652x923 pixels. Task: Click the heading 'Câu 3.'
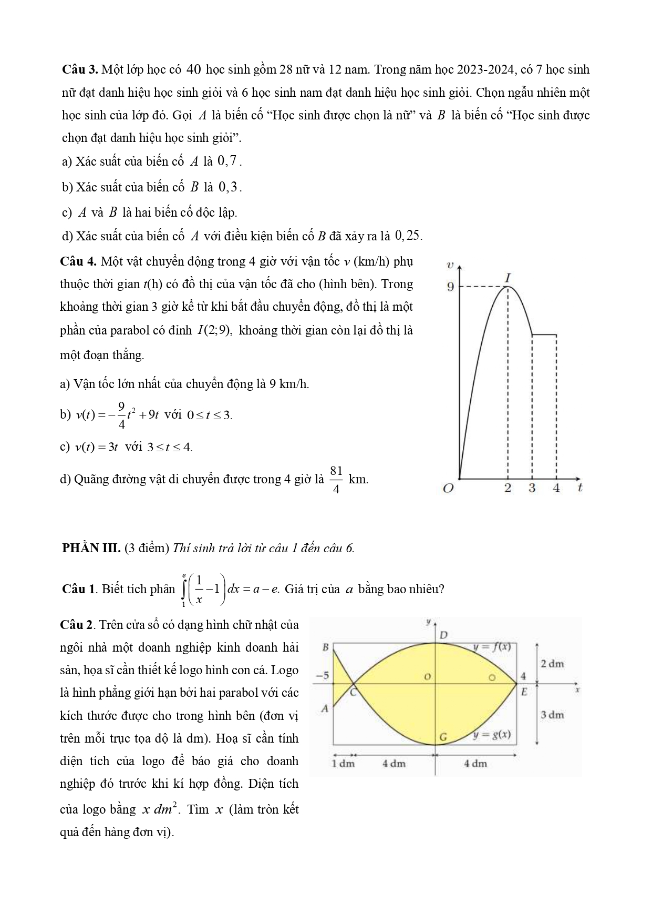coord(79,69)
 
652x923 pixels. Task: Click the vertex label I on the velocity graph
coord(508,277)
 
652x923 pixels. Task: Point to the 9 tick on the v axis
coord(450,287)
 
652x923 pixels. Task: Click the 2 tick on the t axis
coord(508,488)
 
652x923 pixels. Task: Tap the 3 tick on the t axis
coord(532,488)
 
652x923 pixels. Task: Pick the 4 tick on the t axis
coord(556,488)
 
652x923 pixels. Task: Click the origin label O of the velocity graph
coord(448,488)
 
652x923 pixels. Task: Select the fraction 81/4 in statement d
coord(337,479)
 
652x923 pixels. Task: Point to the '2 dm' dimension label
coord(552,664)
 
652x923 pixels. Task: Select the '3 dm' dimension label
coord(552,715)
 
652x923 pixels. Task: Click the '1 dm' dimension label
coord(344,763)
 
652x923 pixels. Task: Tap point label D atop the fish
coord(443,635)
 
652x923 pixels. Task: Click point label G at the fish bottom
coord(443,737)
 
